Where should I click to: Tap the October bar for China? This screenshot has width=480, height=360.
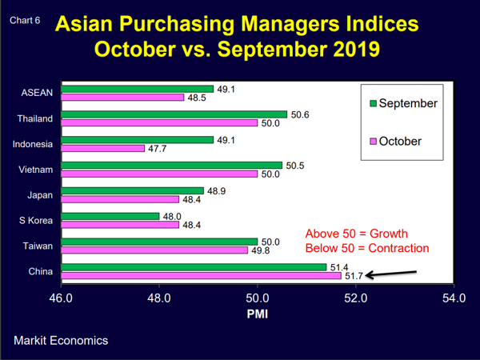pos(201,275)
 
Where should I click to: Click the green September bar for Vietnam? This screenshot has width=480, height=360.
pos(171,165)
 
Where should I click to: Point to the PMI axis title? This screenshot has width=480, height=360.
pos(257,314)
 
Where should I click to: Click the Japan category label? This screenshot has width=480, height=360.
pos(40,195)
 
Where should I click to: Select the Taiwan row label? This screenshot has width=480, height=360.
pos(38,246)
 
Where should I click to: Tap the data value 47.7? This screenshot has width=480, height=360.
pos(158,148)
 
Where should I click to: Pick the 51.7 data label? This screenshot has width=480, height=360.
pos(353,276)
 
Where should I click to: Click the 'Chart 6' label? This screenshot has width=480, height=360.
pos(25,21)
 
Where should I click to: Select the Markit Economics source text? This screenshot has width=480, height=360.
pos(61,341)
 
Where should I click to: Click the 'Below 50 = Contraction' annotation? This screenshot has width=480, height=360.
pos(367,248)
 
